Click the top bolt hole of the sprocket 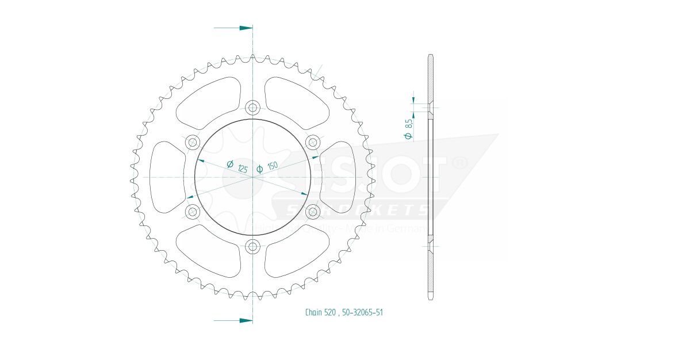pyautogui.click(x=252, y=107)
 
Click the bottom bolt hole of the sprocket pyautogui.click(x=252, y=247)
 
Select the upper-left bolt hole pyautogui.click(x=192, y=142)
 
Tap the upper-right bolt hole pyautogui.click(x=313, y=142)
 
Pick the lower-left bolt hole pyautogui.click(x=192, y=212)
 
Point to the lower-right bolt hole pyautogui.click(x=313, y=212)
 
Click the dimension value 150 pyautogui.click(x=272, y=165)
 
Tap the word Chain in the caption pyautogui.click(x=313, y=312)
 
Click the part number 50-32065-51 pyautogui.click(x=362, y=312)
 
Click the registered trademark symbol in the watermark pyautogui.click(x=459, y=164)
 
